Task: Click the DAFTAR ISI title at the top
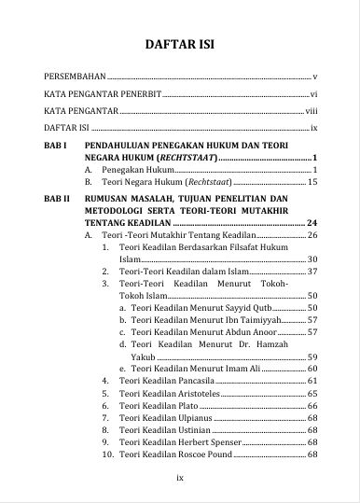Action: click(182, 44)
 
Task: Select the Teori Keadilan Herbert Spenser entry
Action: click(174, 442)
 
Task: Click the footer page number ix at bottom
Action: click(181, 478)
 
